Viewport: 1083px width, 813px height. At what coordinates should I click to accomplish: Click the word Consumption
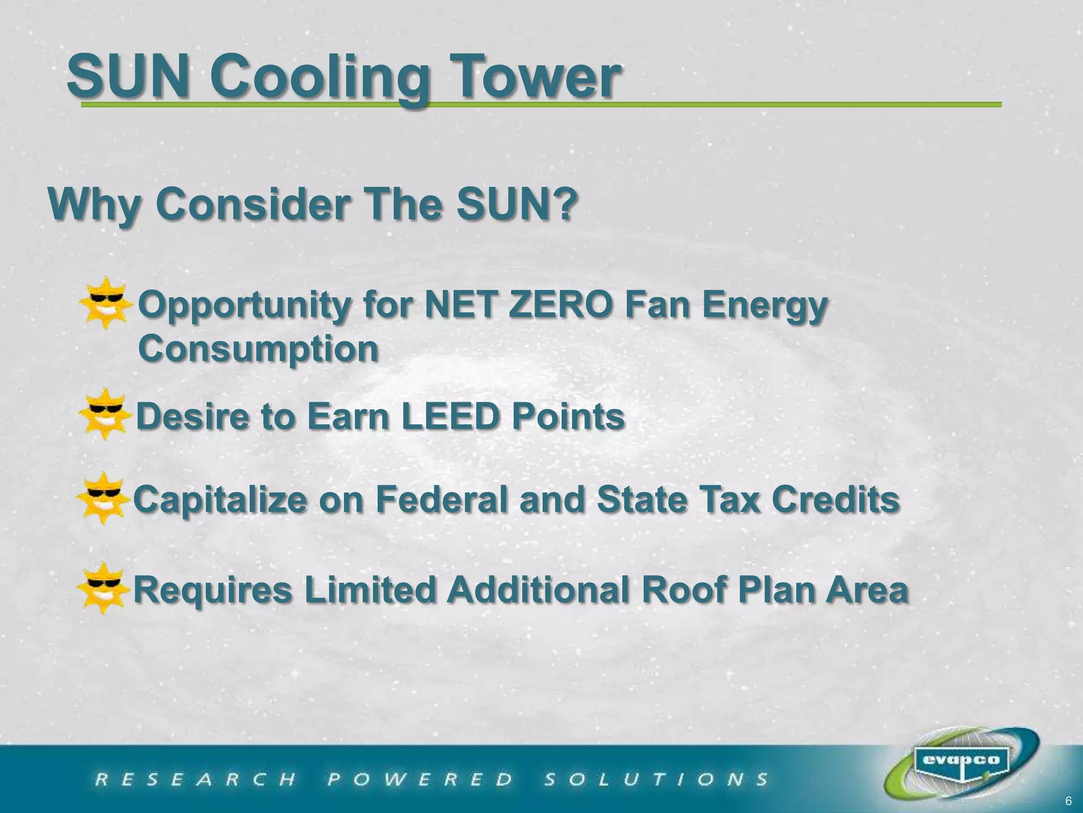coord(258,349)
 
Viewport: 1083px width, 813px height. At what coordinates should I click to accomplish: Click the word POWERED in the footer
coord(420,779)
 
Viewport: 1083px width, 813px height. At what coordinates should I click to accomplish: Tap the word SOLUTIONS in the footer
coord(656,779)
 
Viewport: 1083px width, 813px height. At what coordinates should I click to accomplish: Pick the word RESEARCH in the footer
coord(196,779)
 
